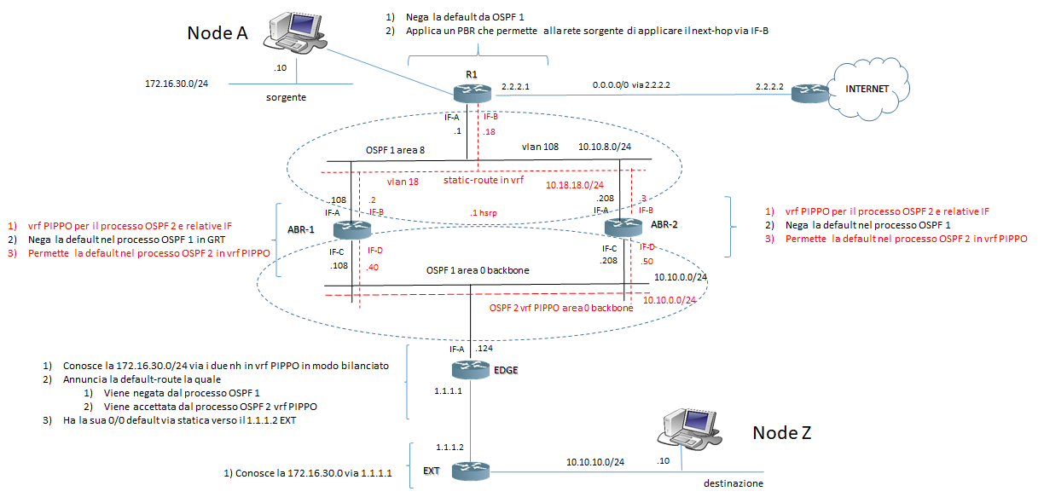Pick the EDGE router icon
[470, 369]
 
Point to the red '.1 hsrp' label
[484, 211]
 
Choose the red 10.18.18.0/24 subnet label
[575, 184]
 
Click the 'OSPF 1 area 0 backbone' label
[478, 270]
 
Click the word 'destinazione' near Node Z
[733, 483]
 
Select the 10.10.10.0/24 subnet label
[595, 461]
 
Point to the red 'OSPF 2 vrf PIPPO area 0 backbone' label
[561, 308]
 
